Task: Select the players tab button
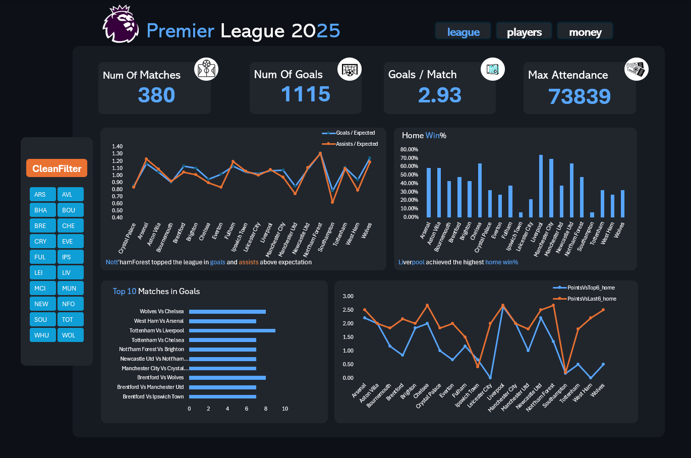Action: [x=524, y=32]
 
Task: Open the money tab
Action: [x=585, y=32]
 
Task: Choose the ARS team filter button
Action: [x=42, y=194]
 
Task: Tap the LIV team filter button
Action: [x=70, y=272]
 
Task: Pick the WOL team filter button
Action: [x=70, y=335]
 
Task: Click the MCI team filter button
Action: [x=42, y=288]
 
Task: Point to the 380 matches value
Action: [x=156, y=95]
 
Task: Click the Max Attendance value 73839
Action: [x=579, y=96]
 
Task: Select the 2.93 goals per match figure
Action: [x=439, y=95]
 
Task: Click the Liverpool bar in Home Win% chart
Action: [x=541, y=186]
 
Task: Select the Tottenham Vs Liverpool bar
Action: [x=232, y=330]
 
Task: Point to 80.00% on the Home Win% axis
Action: [x=409, y=149]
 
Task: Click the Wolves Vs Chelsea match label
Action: [x=161, y=311]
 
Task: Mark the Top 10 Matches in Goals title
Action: [x=156, y=291]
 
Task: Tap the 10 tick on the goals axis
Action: [x=285, y=409]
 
